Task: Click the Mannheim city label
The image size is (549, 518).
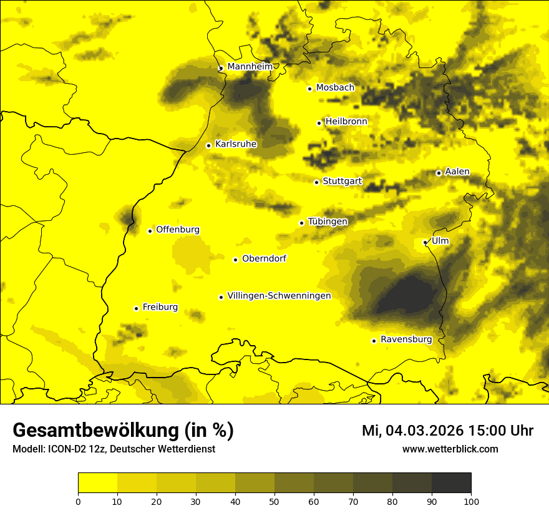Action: pos(250,67)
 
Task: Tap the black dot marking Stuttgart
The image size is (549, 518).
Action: pos(316,182)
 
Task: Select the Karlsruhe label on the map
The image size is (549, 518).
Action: pos(235,144)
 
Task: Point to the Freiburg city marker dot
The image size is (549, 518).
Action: pos(136,308)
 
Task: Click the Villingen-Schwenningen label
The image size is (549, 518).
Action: pos(279,296)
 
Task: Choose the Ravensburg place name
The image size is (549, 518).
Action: pos(406,340)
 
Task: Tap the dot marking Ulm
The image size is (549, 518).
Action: pos(425,242)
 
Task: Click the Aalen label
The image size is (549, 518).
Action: pos(457,172)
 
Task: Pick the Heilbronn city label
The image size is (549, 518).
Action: pos(346,122)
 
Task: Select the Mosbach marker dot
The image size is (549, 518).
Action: pos(309,89)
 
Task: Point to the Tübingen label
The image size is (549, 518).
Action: pos(327,222)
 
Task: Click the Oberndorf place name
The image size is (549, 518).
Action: pos(264,258)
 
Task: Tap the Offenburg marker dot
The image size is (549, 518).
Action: pos(150,231)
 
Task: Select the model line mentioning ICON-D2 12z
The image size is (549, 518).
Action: pos(114,449)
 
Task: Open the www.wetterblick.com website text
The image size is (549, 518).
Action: pos(450,449)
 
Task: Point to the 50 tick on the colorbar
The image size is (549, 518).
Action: pos(274,501)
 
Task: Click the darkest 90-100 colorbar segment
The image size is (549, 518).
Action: pos(451,483)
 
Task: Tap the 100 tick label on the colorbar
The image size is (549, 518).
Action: pos(470,501)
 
